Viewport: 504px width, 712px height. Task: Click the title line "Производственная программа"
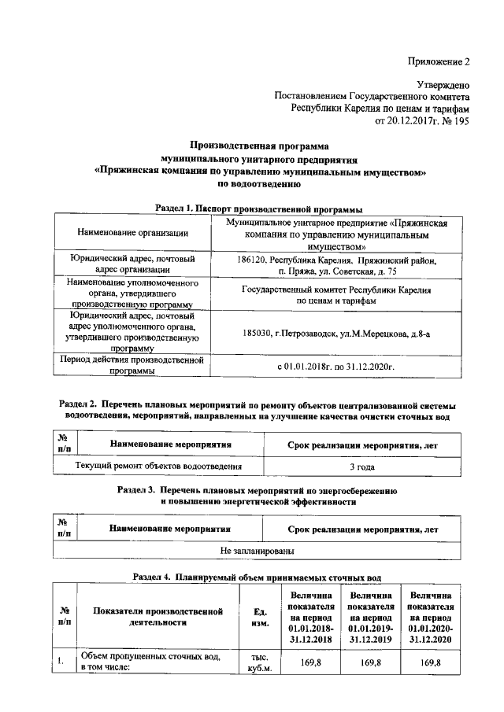tap(260, 145)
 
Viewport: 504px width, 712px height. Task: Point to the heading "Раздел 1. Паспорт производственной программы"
tap(259, 209)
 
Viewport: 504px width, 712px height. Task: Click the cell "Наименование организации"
tap(133, 233)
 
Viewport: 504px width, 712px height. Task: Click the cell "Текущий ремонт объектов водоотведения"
tap(157, 467)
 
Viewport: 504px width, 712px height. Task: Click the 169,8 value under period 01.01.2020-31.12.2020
tap(430, 663)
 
